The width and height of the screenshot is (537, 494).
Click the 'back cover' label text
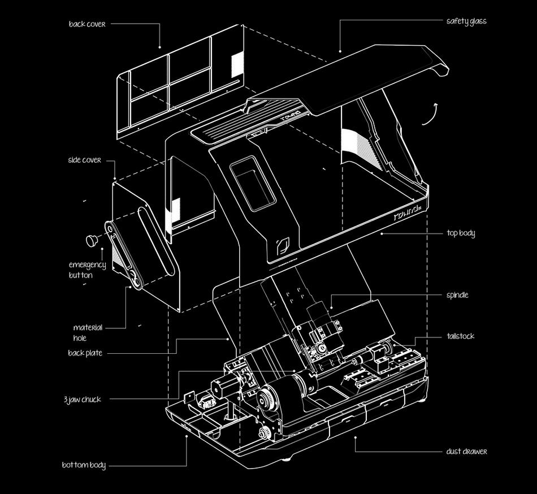[x=87, y=24]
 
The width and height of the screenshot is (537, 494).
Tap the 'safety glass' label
[x=466, y=21]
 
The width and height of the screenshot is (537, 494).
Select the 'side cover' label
[x=84, y=160]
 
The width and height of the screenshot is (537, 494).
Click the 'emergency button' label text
[x=87, y=270]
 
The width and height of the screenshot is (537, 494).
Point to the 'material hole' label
[x=88, y=333]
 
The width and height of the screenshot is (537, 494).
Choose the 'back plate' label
[x=85, y=353]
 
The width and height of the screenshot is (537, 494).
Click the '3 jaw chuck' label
[x=83, y=400]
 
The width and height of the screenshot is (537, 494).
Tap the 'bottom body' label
[x=84, y=465]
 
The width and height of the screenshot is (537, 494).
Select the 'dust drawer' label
[x=466, y=452]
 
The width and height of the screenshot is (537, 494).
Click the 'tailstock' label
[x=460, y=336]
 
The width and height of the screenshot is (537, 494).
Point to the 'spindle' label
[x=457, y=295]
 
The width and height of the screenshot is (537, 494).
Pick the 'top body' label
[x=460, y=233]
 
